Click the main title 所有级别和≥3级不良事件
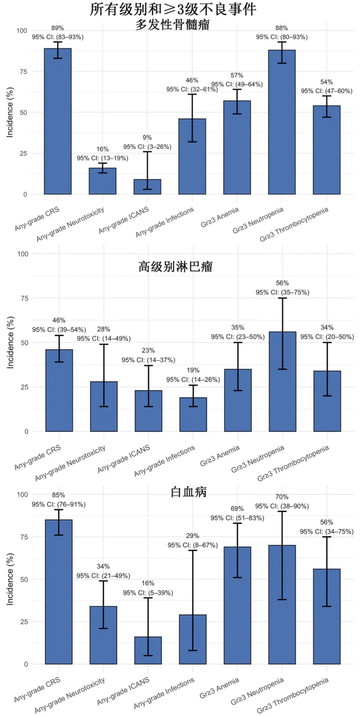tap(173, 9)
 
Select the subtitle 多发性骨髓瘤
tap(172, 25)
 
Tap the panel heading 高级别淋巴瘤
tap(175, 267)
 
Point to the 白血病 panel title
tap(189, 492)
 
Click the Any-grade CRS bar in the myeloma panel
tap(58, 121)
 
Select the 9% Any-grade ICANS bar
tap(147, 187)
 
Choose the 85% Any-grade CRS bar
tap(59, 592)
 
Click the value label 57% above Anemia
tap(237, 76)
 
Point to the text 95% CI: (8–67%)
tap(193, 545)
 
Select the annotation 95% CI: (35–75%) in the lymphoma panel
tap(282, 292)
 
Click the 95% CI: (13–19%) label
tap(102, 158)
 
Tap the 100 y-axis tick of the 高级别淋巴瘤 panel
tap(23, 254)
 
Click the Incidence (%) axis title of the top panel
tap(10, 112)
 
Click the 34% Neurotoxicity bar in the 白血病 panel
tap(103, 635)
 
